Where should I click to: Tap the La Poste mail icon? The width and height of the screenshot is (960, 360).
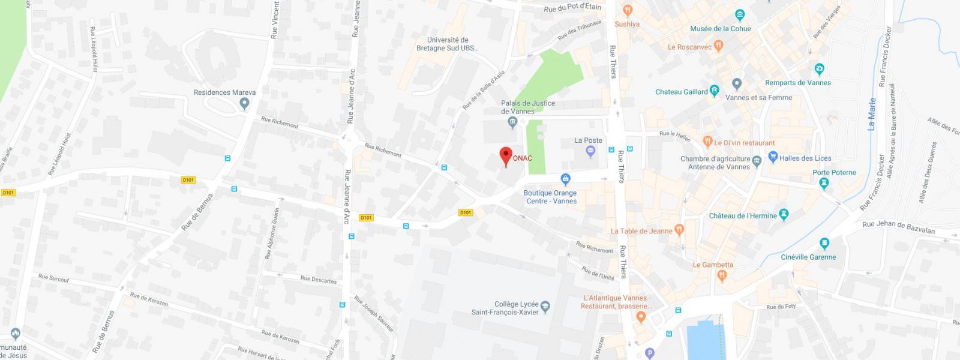pos(590,152)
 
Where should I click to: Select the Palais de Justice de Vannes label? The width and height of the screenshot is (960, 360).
pos(528,107)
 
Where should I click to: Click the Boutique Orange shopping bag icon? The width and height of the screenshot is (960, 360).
pos(565,179)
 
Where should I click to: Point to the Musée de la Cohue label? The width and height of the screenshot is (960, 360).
pos(720,29)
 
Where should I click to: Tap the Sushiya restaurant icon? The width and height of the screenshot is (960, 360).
pos(628,10)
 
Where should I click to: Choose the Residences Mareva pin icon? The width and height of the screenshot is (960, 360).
pos(244,104)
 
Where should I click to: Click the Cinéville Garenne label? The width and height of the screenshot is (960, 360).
pos(808,257)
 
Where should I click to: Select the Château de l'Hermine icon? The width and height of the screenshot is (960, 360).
pos(784,215)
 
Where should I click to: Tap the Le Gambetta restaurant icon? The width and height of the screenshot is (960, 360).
pos(722,275)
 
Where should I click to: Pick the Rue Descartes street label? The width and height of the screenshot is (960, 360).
pos(319,279)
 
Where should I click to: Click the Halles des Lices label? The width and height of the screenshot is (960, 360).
pos(805,158)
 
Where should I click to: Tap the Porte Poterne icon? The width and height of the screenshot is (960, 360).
pos(824,183)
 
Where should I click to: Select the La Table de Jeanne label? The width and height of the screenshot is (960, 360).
pos(641,231)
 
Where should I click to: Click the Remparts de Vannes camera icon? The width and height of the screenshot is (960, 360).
pos(820,70)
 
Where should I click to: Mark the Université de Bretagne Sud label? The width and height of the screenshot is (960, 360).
pos(448,44)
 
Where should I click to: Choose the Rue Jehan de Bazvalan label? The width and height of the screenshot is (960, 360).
pos(898,227)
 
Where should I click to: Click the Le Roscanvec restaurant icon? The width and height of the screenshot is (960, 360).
pos(719,46)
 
